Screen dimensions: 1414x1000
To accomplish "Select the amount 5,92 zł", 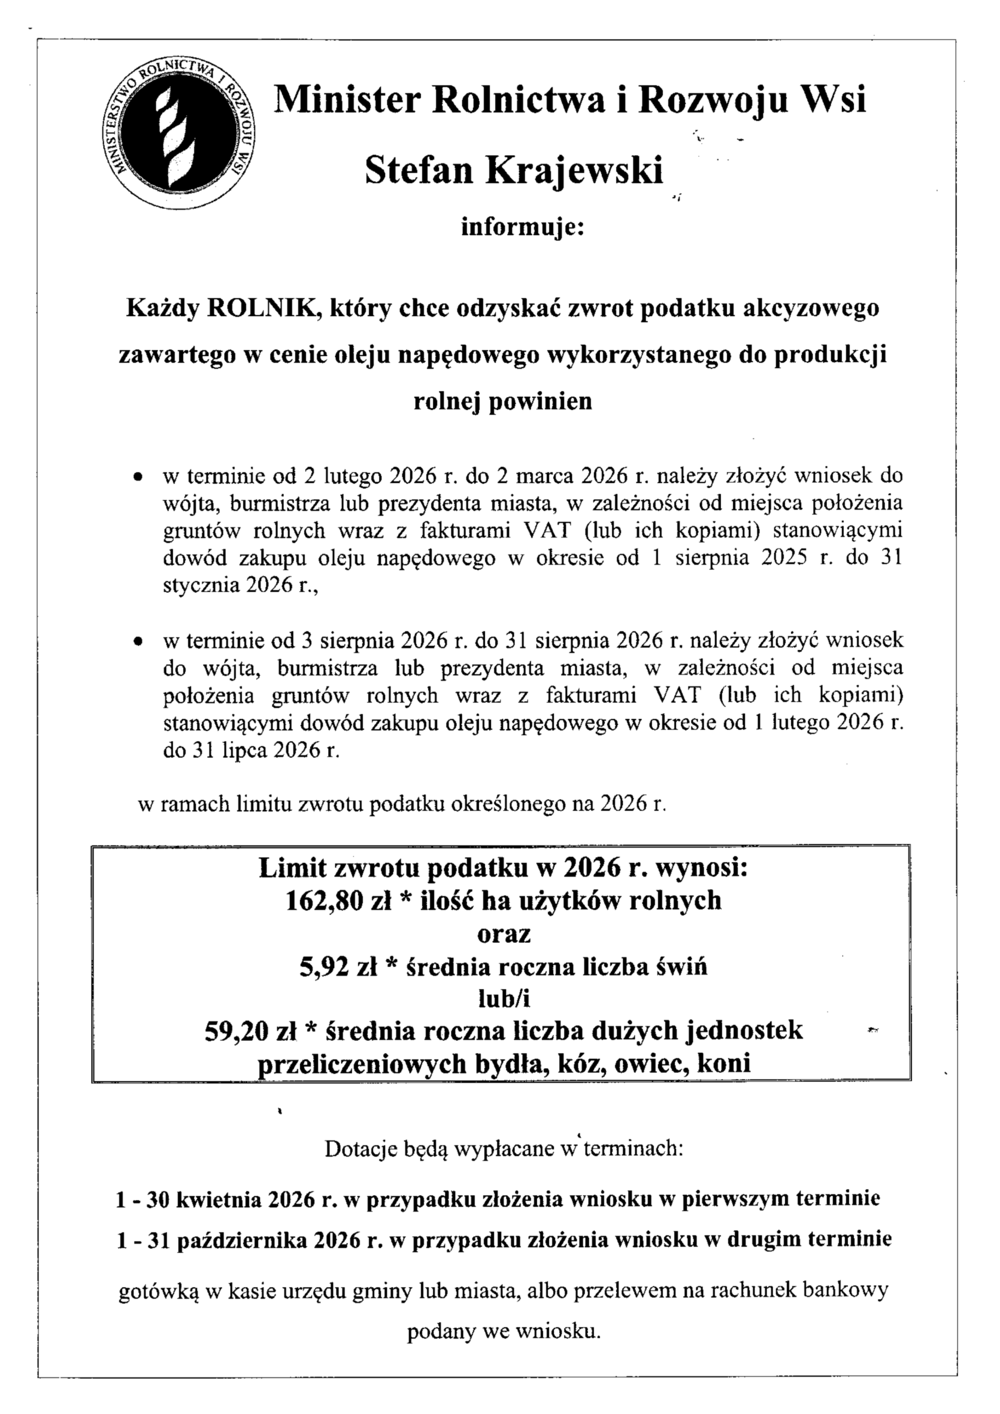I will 338,968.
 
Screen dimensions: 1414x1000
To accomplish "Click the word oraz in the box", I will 504,934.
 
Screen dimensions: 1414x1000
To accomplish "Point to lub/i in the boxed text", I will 504,999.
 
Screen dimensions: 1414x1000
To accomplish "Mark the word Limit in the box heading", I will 290,868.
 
